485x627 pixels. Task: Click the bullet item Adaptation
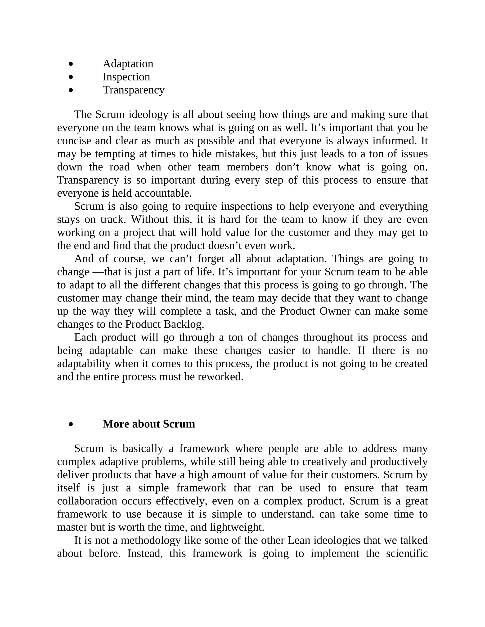[128, 64]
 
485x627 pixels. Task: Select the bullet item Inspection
[126, 77]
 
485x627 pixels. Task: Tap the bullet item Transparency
[134, 90]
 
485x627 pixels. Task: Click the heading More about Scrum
[149, 424]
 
